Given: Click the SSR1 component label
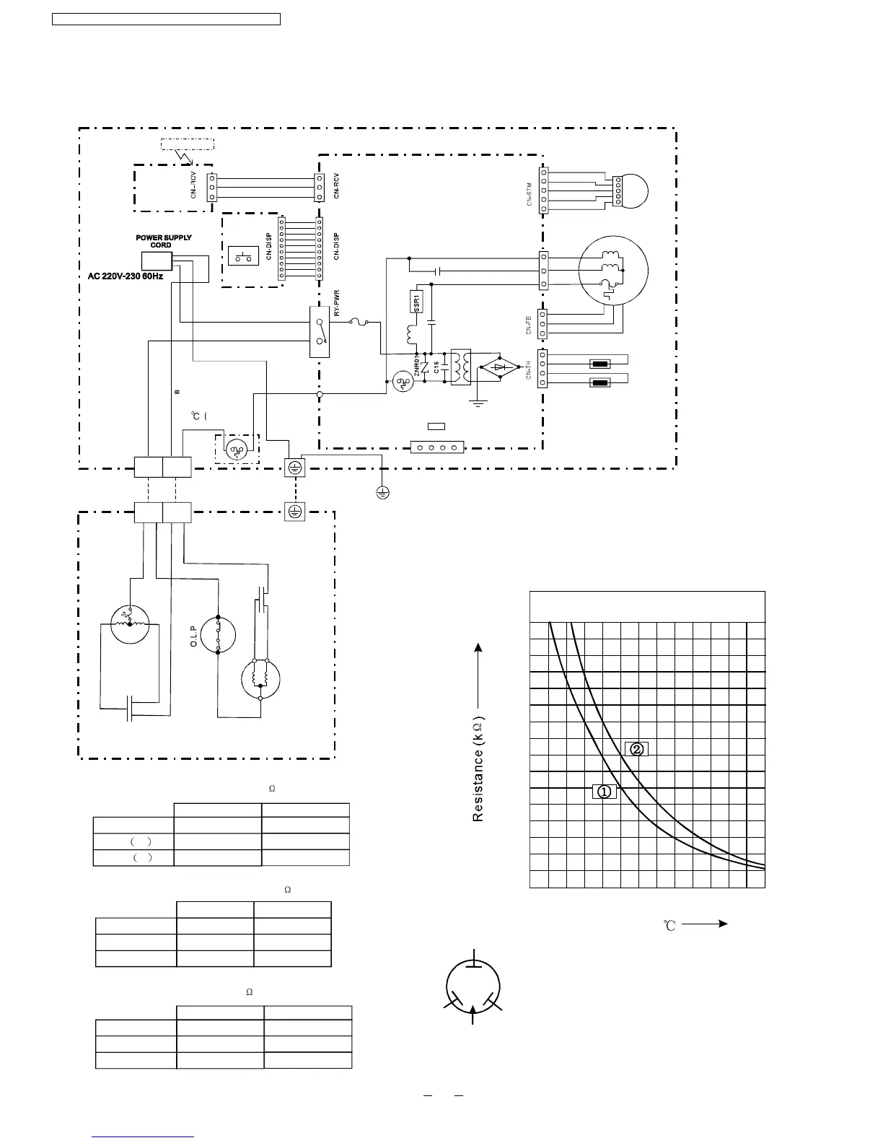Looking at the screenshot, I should (417, 301).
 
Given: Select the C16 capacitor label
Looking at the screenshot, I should (437, 366).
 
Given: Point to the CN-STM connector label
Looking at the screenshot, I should (530, 194).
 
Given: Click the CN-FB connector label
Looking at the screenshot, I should (530, 325).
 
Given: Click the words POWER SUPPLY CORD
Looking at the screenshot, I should (164, 241).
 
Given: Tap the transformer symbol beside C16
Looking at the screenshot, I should (460, 367).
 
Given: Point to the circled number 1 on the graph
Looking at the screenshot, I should (604, 791).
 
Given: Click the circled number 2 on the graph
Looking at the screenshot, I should (636, 748).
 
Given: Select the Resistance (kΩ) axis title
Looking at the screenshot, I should (478, 768).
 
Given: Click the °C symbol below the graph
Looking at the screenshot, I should (669, 925).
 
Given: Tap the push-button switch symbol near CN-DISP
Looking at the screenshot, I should (243, 255).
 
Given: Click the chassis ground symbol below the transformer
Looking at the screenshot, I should (478, 401).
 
